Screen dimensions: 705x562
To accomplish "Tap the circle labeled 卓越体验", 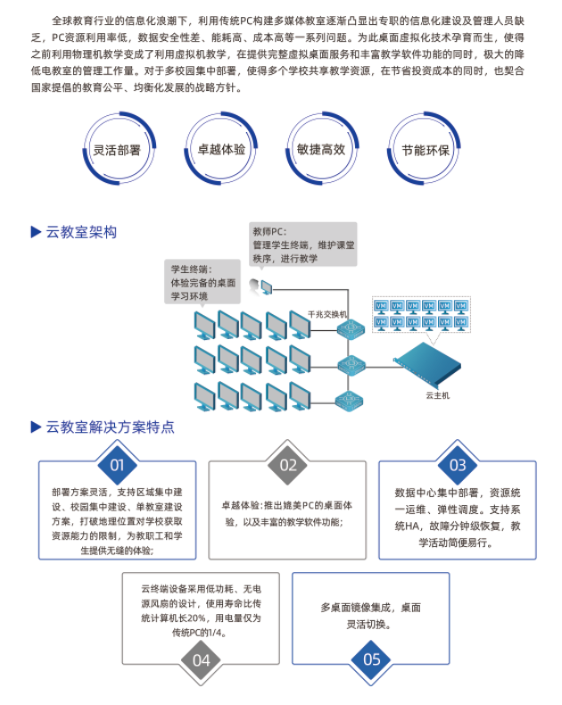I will pyautogui.click(x=220, y=150).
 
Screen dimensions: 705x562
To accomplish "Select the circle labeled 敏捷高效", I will pyautogui.click(x=321, y=150).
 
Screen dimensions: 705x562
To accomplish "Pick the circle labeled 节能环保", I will pyautogui.click(x=425, y=150).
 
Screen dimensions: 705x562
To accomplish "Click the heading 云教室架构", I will pyautogui.click(x=83, y=232).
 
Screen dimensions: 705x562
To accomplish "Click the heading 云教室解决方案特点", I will pyautogui.click(x=110, y=426).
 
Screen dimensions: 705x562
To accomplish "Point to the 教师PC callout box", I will pyautogui.click(x=303, y=245).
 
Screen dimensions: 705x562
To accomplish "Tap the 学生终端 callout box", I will pyautogui.click(x=204, y=282).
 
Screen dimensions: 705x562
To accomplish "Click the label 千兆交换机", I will pyautogui.click(x=326, y=314).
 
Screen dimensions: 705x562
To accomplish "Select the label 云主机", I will pyautogui.click(x=438, y=394).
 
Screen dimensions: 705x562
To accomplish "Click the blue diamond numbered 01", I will pyautogui.click(x=117, y=465).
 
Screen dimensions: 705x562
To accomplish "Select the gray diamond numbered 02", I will pyautogui.click(x=287, y=465).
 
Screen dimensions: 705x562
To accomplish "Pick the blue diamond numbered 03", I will pyautogui.click(x=457, y=465).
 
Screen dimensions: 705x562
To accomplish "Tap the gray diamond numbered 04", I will pyautogui.click(x=202, y=660).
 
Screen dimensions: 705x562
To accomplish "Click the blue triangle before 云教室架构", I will pyautogui.click(x=37, y=232).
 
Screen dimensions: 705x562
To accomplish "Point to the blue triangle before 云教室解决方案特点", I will pyautogui.click(x=37, y=426).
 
